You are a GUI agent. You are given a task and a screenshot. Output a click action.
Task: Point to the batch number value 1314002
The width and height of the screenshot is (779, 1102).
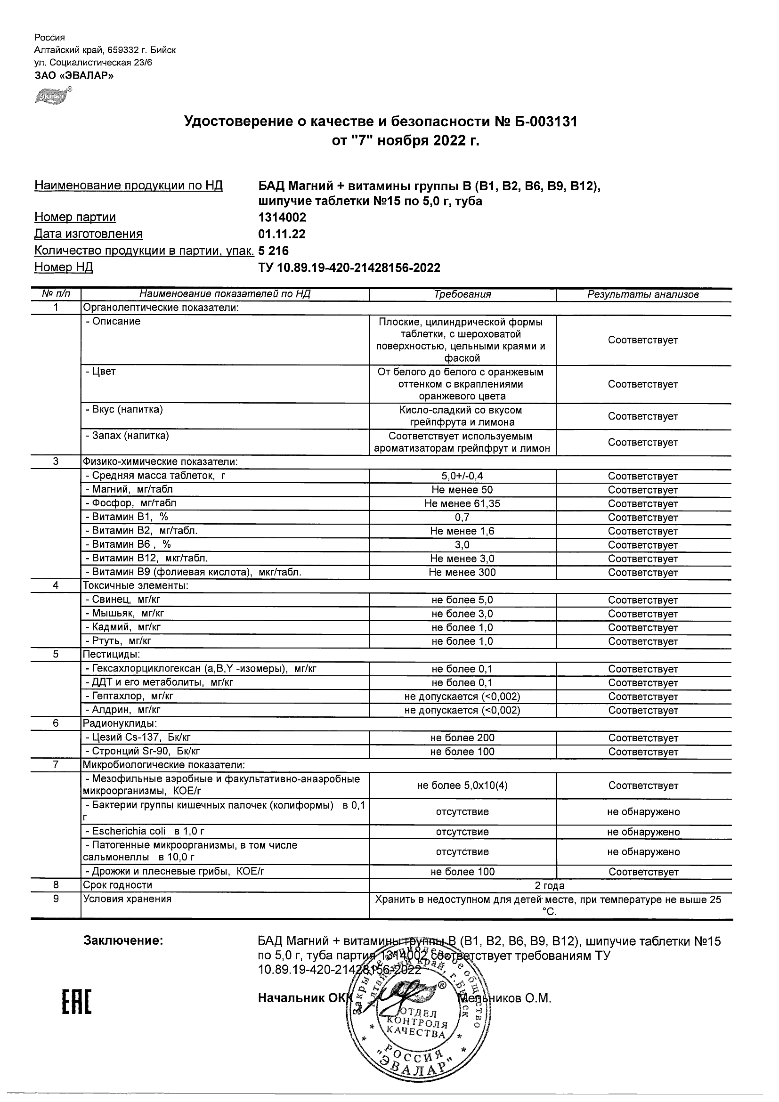[282, 218]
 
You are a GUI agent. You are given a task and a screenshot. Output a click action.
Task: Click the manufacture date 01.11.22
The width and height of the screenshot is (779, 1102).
[282, 234]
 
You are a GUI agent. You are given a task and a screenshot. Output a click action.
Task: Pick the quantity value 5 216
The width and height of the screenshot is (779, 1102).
[274, 251]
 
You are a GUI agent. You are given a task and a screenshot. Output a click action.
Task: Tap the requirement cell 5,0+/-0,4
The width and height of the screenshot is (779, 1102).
[462, 476]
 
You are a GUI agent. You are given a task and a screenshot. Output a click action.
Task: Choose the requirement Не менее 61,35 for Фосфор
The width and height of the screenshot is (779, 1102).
[462, 503]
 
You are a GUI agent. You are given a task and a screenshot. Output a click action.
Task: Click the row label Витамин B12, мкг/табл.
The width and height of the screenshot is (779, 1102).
[146, 558]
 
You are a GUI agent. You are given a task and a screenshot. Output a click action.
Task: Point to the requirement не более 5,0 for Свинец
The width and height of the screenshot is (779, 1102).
[462, 600]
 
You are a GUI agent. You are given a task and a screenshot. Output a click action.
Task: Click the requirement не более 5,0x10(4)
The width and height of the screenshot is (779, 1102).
[462, 786]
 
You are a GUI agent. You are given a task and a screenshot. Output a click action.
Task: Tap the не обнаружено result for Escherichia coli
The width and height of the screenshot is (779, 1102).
[643, 832]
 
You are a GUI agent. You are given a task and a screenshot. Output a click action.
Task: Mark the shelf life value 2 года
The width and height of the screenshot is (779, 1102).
[550, 885]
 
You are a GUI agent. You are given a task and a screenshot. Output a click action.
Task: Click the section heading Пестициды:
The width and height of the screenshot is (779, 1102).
[111, 654]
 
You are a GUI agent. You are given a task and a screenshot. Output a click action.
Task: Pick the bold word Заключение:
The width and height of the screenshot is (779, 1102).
[123, 940]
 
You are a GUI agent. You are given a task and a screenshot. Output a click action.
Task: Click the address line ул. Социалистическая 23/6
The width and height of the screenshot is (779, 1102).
[93, 62]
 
